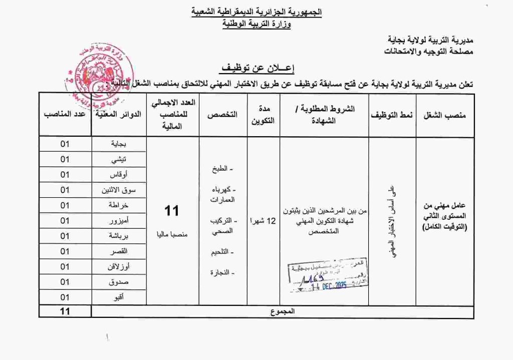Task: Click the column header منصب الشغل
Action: (x=445, y=115)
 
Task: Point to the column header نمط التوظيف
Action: (x=392, y=115)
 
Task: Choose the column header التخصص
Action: (x=222, y=115)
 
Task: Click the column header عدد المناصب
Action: (x=65, y=115)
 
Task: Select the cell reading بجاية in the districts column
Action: (x=118, y=144)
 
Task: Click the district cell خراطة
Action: (x=118, y=205)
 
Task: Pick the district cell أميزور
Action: (x=118, y=220)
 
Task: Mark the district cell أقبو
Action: (x=118, y=297)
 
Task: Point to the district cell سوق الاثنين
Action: (x=118, y=190)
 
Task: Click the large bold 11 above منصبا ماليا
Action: (x=171, y=211)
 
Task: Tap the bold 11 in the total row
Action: (x=65, y=311)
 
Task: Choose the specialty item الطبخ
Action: (x=223, y=169)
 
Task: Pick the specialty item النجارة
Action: (x=222, y=272)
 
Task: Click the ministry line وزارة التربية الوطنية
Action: (x=256, y=24)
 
